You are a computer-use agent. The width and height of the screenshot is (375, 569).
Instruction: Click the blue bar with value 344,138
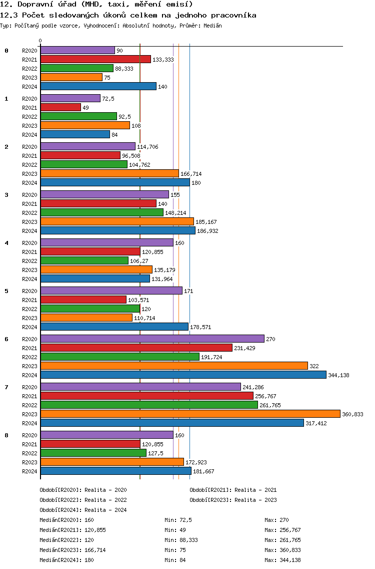183,375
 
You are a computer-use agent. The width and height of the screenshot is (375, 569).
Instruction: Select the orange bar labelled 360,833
190,414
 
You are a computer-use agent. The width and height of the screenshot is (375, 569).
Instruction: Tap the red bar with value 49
60,107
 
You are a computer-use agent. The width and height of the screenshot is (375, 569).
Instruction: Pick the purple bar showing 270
152,339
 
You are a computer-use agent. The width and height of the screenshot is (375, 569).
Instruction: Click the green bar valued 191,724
120,357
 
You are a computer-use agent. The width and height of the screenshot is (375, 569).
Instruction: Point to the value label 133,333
163,60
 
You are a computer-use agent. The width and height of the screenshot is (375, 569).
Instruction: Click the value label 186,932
207,231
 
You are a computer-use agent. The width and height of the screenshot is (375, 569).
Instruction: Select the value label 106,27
139,261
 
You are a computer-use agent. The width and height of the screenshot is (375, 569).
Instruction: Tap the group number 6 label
6,339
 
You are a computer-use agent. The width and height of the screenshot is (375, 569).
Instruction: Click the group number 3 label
6,195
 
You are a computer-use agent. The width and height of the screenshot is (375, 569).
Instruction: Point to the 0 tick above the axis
40,41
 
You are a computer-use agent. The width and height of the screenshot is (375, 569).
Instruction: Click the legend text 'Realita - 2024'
105,510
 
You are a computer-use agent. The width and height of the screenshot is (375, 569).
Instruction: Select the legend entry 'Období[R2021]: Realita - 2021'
233,490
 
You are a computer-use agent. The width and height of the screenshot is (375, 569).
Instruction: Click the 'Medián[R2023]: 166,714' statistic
72,550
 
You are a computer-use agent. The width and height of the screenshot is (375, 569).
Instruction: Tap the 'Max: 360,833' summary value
282,550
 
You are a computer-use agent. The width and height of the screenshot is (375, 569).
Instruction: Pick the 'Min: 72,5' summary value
178,520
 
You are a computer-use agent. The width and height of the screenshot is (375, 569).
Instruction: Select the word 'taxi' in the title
116,5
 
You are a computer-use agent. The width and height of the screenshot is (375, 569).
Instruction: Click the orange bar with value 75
71,77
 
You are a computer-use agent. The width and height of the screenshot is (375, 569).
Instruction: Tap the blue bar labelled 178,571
114,327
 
